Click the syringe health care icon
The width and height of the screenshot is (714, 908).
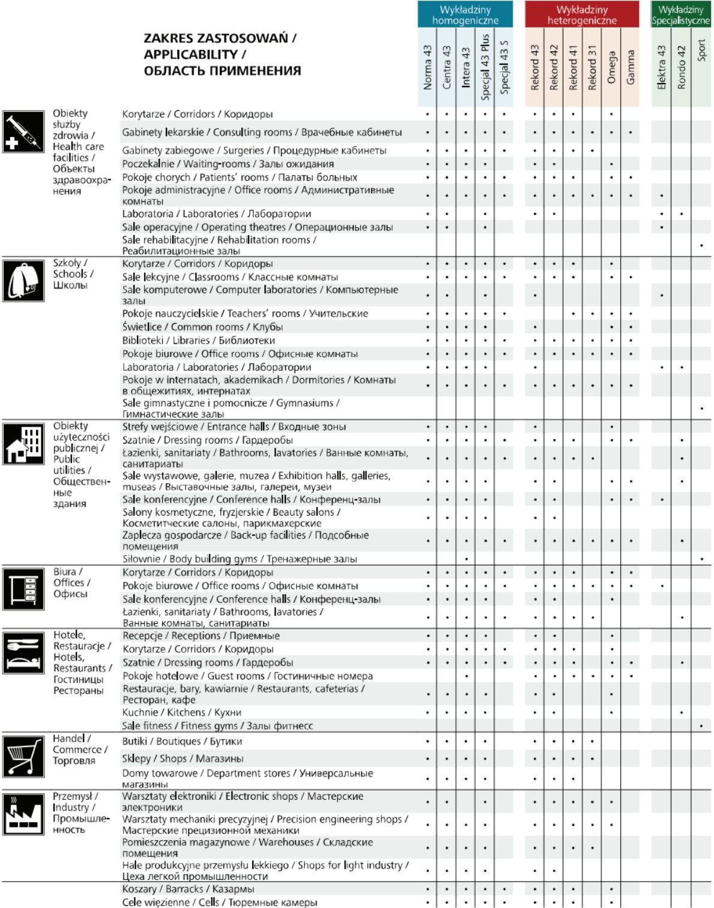pos(23,132)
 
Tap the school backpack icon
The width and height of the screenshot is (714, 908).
pos(23,280)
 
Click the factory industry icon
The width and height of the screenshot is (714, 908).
pos(23,814)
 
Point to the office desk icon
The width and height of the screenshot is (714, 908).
pos(23,589)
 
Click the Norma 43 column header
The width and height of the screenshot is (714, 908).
pos(428,67)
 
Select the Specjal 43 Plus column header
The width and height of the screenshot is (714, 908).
pos(485,66)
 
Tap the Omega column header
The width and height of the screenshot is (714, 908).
pos(611,67)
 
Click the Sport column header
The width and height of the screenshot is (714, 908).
pos(701,50)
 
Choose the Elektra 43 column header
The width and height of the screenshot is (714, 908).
pos(661,67)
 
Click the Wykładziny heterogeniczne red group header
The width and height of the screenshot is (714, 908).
pos(581,15)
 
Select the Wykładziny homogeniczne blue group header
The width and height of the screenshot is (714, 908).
pos(465,15)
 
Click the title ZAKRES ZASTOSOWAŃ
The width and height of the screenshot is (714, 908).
pos(220,38)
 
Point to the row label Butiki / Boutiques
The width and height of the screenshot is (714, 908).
pos(182,741)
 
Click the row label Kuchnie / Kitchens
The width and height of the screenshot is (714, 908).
pos(181,712)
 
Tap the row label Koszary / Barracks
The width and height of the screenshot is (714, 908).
pos(188,889)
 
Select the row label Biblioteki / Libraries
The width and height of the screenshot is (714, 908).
pos(198,340)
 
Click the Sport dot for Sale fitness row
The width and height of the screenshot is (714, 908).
pos(701,726)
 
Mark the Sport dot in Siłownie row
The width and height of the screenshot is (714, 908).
pos(701,559)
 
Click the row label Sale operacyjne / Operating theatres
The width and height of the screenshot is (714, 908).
pos(257,227)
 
